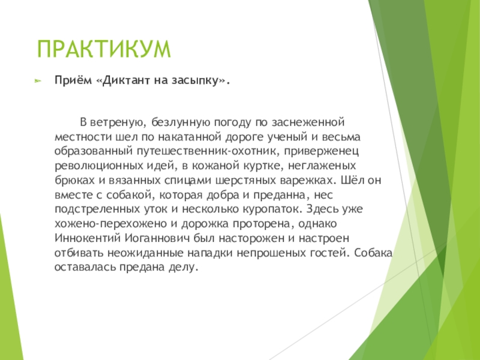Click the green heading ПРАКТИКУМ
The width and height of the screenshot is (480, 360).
(x=104, y=49)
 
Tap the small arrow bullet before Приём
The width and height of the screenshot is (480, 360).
(x=37, y=80)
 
